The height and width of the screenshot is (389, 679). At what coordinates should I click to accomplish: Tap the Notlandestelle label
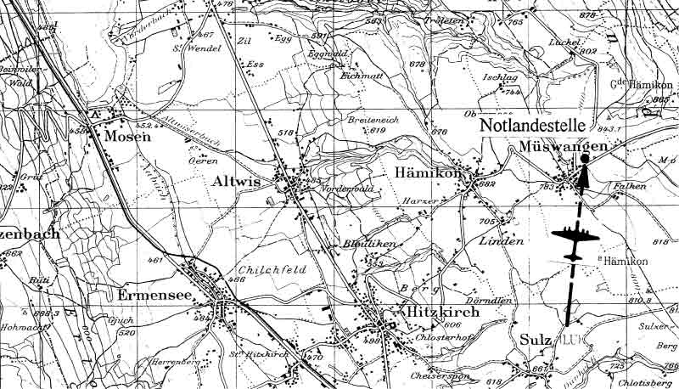point(543,126)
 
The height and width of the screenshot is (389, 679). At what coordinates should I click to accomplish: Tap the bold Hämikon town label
point(427,172)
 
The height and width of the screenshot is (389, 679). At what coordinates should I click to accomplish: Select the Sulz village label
point(532,340)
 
